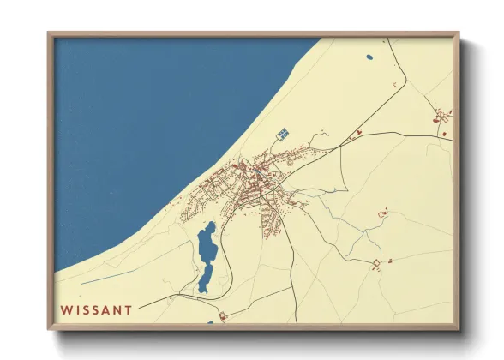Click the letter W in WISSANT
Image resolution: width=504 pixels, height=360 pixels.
[67, 309]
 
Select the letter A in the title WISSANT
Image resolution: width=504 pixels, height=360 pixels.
[105, 309]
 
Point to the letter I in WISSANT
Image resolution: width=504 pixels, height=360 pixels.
[78, 309]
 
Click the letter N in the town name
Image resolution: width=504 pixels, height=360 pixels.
[117, 309]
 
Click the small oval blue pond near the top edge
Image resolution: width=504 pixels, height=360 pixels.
[369, 57]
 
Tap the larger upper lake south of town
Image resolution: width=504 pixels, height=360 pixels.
[207, 243]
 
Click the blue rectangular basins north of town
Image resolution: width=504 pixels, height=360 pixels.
[282, 134]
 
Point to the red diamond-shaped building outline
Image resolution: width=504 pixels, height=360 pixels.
[375, 263]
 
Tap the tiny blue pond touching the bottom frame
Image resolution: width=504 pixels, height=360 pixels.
[210, 322]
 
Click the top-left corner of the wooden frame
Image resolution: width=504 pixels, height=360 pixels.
[50, 35]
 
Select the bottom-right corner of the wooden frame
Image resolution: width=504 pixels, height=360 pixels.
[458, 328]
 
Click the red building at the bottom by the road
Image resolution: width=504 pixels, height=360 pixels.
[223, 317]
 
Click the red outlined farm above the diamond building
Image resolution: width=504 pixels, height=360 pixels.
[383, 210]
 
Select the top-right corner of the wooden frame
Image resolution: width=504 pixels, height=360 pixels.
[458, 35]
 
